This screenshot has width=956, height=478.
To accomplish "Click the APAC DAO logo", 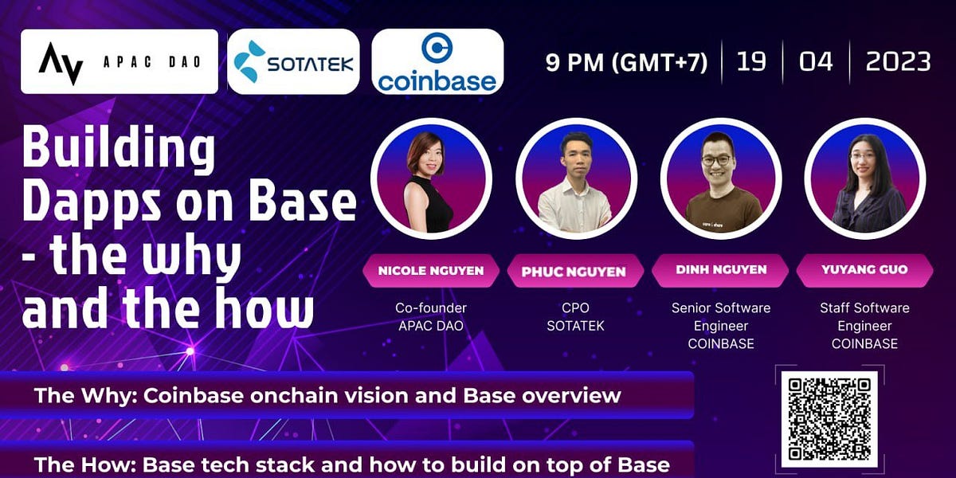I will tap(119, 62).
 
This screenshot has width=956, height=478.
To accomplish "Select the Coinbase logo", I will tap(437, 62).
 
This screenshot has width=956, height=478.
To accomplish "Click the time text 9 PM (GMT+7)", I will tap(626, 62).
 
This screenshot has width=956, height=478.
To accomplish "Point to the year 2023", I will tap(898, 62).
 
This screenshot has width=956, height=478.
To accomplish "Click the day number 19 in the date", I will tap(751, 62).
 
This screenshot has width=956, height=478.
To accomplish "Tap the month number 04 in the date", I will tap(816, 62).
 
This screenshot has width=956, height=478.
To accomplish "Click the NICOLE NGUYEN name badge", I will tap(431, 271).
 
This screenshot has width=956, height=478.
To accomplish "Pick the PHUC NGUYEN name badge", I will tap(574, 272).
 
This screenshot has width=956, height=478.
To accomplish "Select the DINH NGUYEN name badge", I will tap(720, 270).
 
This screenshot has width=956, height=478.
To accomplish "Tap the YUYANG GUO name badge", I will tap(864, 270).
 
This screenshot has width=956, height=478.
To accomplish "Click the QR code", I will tap(829, 418).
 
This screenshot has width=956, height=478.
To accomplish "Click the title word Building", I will tap(118, 149).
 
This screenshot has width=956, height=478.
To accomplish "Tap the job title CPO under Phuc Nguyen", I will tap(575, 308).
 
